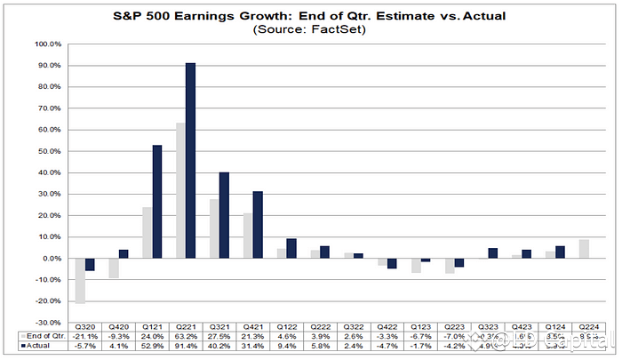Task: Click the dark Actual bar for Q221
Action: pyautogui.click(x=191, y=160)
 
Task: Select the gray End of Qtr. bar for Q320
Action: pyautogui.click(x=80, y=280)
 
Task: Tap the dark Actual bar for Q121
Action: pyautogui.click(x=156, y=201)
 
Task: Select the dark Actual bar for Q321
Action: pyautogui.click(x=224, y=214)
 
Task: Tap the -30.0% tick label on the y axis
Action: pyautogui.click(x=47, y=322)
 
